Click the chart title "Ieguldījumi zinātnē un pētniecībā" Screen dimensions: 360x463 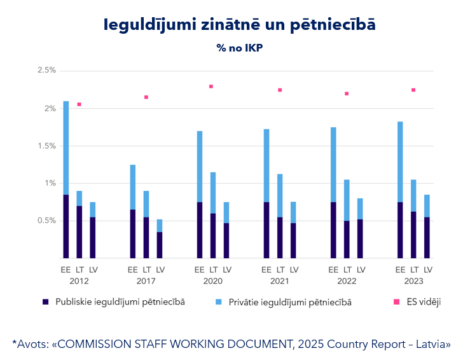click(x=239, y=25)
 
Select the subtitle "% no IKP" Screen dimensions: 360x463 click(x=239, y=48)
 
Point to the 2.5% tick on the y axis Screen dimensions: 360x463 click(x=46, y=70)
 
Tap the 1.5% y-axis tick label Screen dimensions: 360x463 click(x=46, y=146)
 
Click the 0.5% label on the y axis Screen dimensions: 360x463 click(x=46, y=221)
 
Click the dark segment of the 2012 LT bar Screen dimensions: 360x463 click(x=79, y=232)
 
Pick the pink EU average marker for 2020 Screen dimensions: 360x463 click(x=211, y=87)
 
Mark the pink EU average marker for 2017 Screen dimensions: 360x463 click(x=146, y=97)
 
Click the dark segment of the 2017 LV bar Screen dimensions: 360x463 click(x=160, y=245)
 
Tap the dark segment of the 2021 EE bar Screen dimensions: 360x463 click(x=266, y=230)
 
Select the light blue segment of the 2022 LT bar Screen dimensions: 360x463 click(x=347, y=200)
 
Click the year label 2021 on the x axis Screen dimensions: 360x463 click(x=280, y=280)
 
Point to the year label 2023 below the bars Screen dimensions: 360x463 click(x=413, y=280)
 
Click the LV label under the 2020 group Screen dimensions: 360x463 click(x=226, y=270)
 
